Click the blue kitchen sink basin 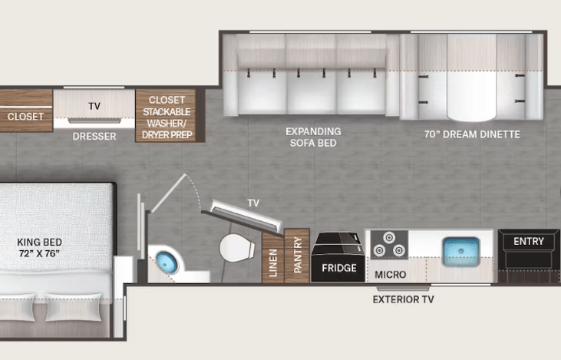pyautogui.click(x=461, y=251)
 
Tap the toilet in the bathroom pyautogui.click(x=237, y=248)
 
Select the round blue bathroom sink pyautogui.click(x=167, y=263)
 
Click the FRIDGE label pyautogui.click(x=338, y=268)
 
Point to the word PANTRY pyautogui.click(x=297, y=255)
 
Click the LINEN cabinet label pyautogui.click(x=273, y=263)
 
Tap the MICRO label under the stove pyautogui.click(x=391, y=275)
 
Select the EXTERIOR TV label pyautogui.click(x=403, y=299)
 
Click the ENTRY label pyautogui.click(x=529, y=242)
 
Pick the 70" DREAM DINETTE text pyautogui.click(x=472, y=134)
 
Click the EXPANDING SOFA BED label pyautogui.click(x=313, y=137)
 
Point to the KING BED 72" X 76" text pyautogui.click(x=39, y=248)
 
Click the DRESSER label pyautogui.click(x=94, y=137)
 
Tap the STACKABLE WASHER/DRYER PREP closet pyautogui.click(x=166, y=115)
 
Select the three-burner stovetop pyautogui.click(x=389, y=244)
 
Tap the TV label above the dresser pyautogui.click(x=94, y=106)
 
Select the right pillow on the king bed pyautogui.click(x=73, y=307)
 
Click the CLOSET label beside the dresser pyautogui.click(x=25, y=117)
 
